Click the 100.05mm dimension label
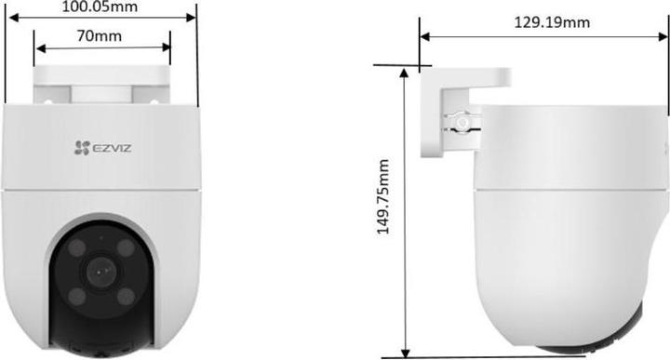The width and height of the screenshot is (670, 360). [100, 7]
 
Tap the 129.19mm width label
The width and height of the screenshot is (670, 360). [551, 20]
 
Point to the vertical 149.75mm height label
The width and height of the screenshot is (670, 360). [382, 210]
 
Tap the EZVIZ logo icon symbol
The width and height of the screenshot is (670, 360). [80, 146]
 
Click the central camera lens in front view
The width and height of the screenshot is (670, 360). [100, 272]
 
